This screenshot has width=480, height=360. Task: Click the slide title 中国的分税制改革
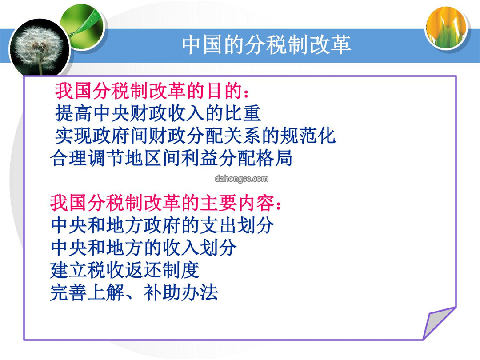point(266,45)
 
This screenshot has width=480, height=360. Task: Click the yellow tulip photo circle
point(447,27)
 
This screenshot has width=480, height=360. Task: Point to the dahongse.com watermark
point(241,179)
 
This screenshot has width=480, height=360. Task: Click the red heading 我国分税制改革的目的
point(152,91)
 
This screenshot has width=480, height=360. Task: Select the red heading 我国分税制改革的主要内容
point(165,203)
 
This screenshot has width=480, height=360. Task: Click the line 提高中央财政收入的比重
point(158,113)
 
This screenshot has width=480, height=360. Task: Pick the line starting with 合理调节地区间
point(171,158)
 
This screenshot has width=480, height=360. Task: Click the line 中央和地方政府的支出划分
point(162,225)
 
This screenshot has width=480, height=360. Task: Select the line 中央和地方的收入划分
point(143,248)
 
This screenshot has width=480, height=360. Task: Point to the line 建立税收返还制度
point(124,270)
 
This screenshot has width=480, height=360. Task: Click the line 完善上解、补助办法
point(134,292)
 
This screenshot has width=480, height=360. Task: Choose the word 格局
point(274,158)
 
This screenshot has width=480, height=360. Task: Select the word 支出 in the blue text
point(218,225)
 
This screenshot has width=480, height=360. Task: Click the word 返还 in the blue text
point(143,270)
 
